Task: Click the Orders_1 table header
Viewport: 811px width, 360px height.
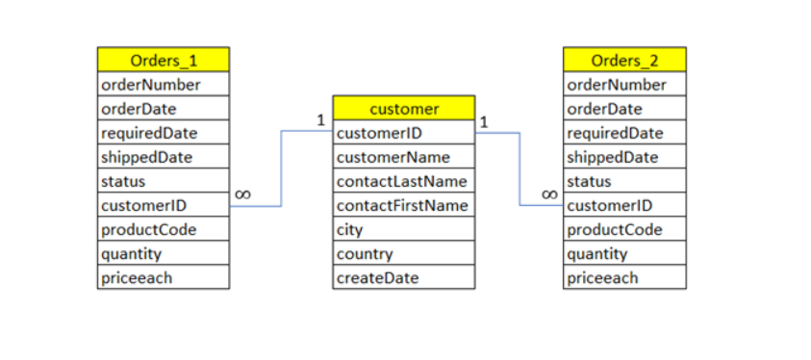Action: click(x=163, y=60)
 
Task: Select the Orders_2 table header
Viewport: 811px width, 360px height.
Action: click(x=624, y=60)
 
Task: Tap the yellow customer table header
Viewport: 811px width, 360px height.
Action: click(x=403, y=108)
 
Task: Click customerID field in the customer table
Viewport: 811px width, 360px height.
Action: click(x=403, y=133)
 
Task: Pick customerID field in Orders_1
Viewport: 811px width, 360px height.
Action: click(x=163, y=205)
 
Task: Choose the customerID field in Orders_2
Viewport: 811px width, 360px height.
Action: click(x=624, y=205)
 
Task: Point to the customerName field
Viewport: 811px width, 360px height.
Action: click(x=403, y=157)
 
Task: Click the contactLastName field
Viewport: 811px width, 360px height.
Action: click(x=403, y=181)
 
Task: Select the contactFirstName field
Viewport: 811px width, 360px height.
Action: click(x=403, y=205)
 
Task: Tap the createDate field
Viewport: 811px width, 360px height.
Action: click(x=403, y=278)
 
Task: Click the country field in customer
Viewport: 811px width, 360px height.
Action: click(x=403, y=254)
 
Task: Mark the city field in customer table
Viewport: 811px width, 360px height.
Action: click(x=403, y=230)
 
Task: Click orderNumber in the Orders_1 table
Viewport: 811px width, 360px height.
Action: click(x=163, y=85)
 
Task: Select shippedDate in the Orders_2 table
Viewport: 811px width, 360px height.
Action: click(x=624, y=157)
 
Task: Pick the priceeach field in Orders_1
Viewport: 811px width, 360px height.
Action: click(x=163, y=278)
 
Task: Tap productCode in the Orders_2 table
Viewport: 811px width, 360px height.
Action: click(x=624, y=230)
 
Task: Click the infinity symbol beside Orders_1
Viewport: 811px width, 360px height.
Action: click(x=242, y=194)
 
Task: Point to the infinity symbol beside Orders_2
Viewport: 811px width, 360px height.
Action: click(x=549, y=194)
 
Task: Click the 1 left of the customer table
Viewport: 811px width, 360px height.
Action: click(x=320, y=120)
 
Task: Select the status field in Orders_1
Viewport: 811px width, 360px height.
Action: click(x=163, y=181)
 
